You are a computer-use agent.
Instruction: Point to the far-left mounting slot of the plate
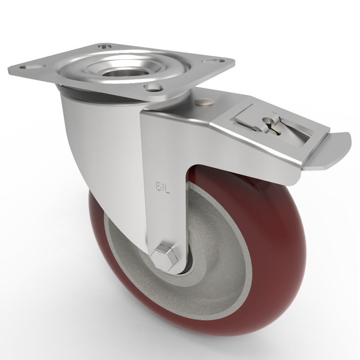(30, 67)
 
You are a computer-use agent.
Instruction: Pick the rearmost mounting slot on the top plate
(105, 46)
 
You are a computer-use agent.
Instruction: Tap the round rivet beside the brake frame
(203, 103)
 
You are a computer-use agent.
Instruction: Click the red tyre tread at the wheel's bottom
(202, 324)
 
